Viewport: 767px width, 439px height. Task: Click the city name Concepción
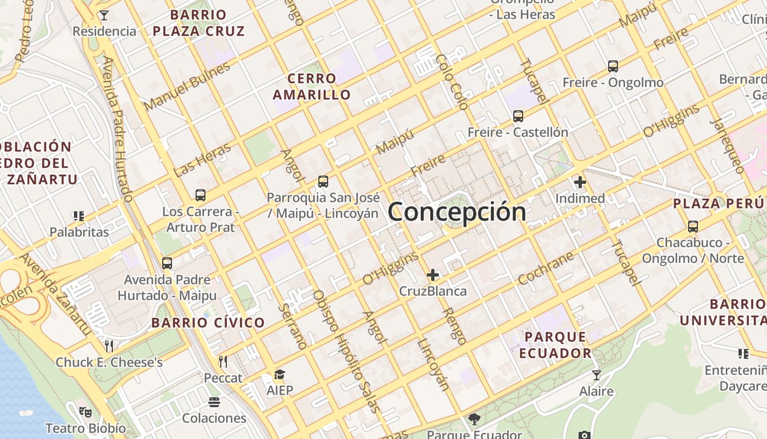coord(457,212)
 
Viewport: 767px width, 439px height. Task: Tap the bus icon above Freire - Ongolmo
coord(613,66)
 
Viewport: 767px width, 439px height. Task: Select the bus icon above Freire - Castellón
coord(518,116)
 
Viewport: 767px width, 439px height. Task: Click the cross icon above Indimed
coord(580,182)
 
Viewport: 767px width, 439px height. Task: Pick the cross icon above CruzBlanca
coord(433,274)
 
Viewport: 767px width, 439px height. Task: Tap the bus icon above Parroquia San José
coord(323,182)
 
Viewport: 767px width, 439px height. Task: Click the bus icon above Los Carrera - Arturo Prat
coord(200,195)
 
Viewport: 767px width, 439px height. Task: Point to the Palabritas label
coord(79,232)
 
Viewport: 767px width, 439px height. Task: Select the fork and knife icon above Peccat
coord(223,361)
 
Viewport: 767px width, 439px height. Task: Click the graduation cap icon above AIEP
coord(279,375)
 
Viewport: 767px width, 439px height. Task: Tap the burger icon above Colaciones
coord(214,402)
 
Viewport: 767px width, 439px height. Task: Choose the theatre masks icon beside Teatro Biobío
coord(85,411)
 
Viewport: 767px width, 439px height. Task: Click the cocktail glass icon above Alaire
coord(596,375)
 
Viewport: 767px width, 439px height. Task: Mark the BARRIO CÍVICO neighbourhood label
coord(208,323)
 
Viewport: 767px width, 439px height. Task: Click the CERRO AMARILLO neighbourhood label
coord(312,87)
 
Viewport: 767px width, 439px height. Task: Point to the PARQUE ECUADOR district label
coord(556,345)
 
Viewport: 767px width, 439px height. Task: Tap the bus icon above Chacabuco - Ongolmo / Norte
coord(692,226)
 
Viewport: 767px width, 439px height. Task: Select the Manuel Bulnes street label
coord(187,87)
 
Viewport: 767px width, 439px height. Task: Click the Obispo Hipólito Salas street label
coord(346,351)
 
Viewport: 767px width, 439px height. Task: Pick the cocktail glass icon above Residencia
coord(104,15)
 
